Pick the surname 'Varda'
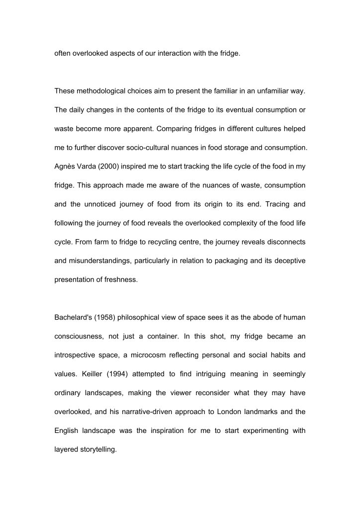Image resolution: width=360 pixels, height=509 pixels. coord(90,166)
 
